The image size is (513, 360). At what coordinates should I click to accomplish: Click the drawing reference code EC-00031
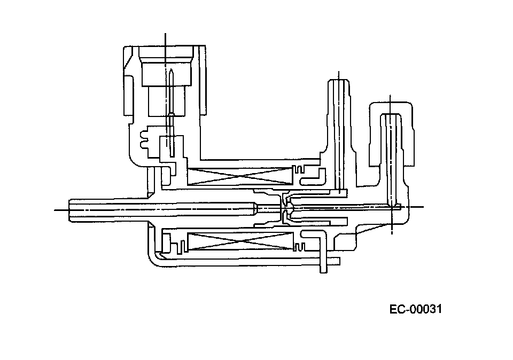pyautogui.click(x=416, y=309)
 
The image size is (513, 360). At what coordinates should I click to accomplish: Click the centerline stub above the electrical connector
pyautogui.click(x=166, y=40)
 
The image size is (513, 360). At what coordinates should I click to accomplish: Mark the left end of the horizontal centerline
pyautogui.click(x=56, y=210)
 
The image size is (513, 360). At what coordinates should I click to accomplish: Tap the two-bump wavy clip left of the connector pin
pyautogui.click(x=143, y=138)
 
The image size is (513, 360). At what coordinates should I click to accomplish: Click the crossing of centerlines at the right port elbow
pyautogui.click(x=391, y=207)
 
